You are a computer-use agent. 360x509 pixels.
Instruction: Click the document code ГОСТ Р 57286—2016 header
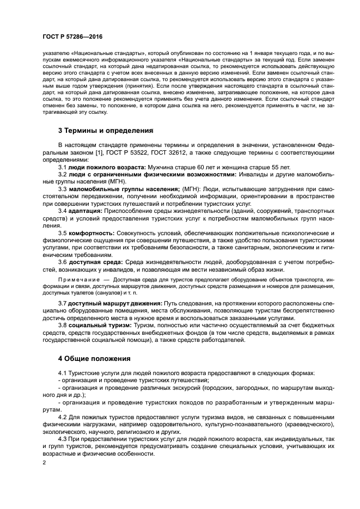point(72,36)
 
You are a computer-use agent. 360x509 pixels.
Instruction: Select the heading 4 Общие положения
point(94,359)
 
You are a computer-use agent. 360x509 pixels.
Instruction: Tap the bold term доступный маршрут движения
point(114,302)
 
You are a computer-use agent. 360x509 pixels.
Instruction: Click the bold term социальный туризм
point(100,324)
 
